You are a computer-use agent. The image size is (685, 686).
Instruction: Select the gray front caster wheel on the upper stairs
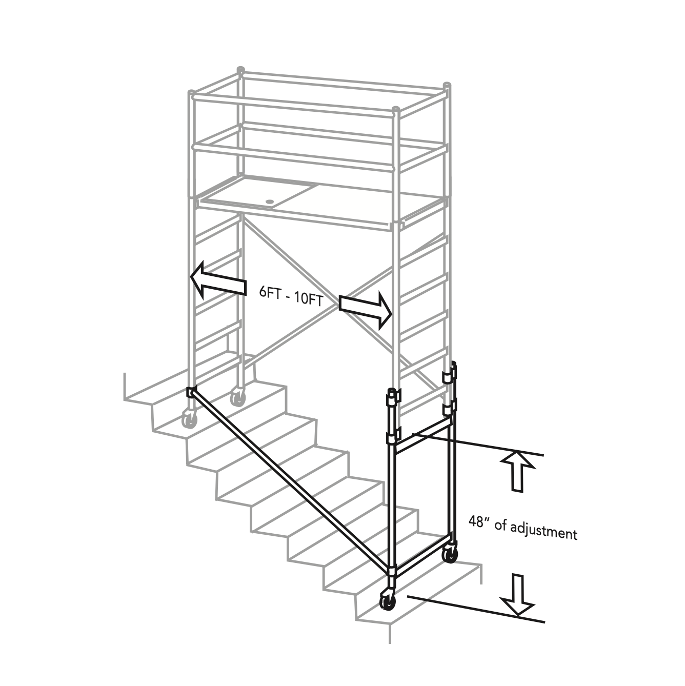coord(189,419)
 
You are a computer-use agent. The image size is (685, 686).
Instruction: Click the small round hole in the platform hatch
coord(270,201)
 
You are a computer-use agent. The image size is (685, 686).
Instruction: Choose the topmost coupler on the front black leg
coord(393,396)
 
